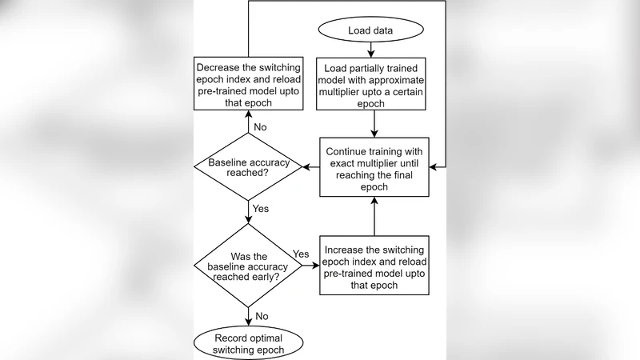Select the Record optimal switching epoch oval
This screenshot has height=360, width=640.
pyautogui.click(x=248, y=342)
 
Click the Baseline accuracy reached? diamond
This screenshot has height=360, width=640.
pyautogui.click(x=248, y=166)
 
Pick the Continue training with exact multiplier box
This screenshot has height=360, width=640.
pyautogui.click(x=375, y=166)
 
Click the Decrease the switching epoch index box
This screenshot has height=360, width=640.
pyautogui.click(x=248, y=82)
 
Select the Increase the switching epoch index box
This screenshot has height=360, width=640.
pyautogui.click(x=375, y=264)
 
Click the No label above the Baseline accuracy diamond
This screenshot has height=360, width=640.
pyautogui.click(x=260, y=126)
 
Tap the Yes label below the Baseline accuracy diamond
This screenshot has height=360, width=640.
pyautogui.click(x=261, y=210)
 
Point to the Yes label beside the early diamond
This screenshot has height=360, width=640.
pyautogui.click(x=302, y=254)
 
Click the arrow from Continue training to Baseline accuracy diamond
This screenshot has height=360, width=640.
pyautogui.click(x=311, y=166)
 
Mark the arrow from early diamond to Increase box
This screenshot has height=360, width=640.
pyautogui.click(x=311, y=265)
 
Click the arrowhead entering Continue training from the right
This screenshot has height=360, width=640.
pyautogui.click(x=435, y=166)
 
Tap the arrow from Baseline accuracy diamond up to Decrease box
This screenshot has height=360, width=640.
pyautogui.click(x=248, y=124)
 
